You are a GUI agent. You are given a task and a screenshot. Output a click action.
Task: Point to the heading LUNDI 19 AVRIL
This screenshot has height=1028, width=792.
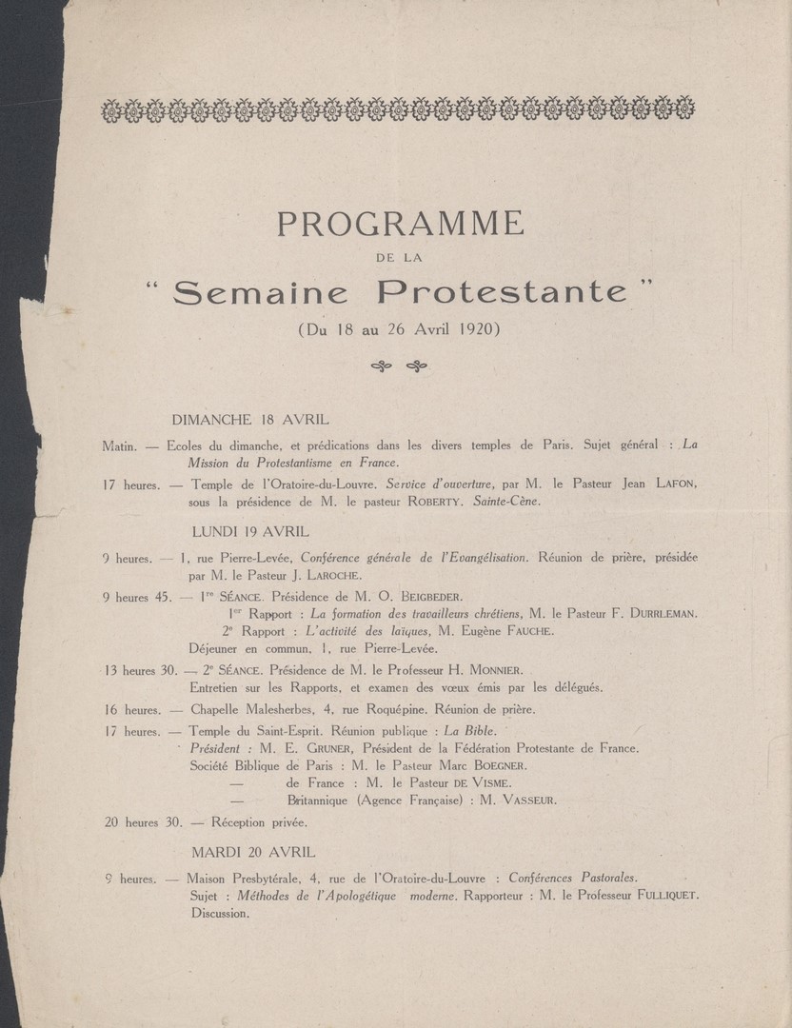[x=250, y=531]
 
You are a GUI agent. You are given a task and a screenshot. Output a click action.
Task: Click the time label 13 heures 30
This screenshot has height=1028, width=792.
[x=143, y=670]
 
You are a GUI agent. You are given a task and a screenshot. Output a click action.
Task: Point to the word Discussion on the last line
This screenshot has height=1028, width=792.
[x=220, y=914]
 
